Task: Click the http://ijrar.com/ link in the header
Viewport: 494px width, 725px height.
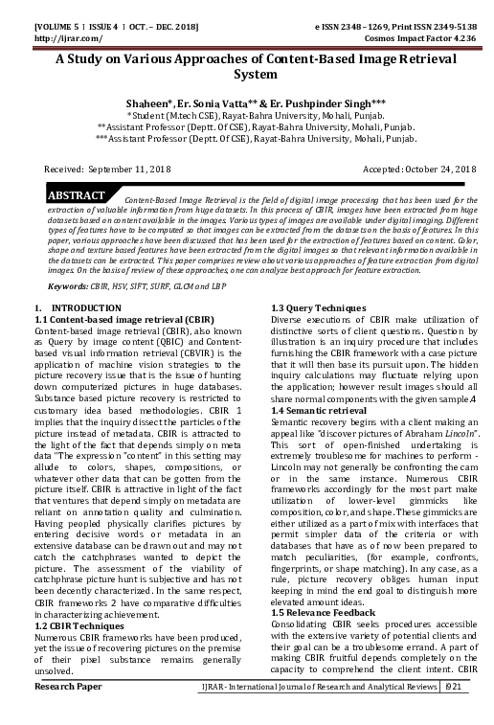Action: coord(59,26)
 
